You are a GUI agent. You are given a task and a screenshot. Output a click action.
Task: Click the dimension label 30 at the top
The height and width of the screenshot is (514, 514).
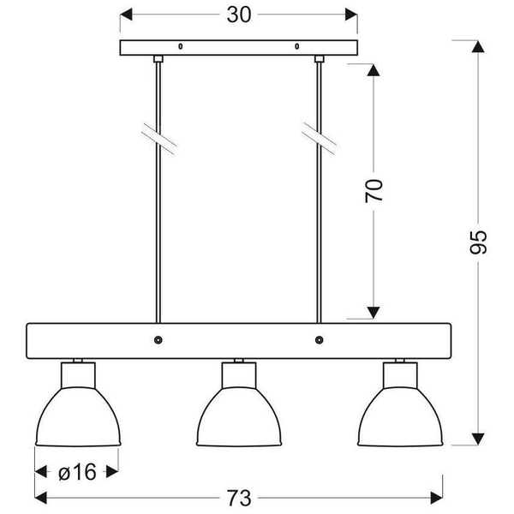(x=238, y=15)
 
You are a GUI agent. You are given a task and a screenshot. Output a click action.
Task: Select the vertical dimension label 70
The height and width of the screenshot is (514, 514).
(x=374, y=190)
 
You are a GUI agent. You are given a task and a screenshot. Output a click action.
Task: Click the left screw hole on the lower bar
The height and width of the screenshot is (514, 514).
(x=158, y=340)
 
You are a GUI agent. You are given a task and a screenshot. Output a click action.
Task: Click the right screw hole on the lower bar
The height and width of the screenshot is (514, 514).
(x=320, y=340)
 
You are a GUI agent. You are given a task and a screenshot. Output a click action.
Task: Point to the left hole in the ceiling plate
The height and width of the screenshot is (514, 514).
(x=180, y=45)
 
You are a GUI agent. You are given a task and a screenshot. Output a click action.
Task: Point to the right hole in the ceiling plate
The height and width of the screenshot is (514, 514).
(x=296, y=45)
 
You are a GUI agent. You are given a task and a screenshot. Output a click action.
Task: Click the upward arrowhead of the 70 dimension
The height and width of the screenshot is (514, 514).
(x=374, y=69)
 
